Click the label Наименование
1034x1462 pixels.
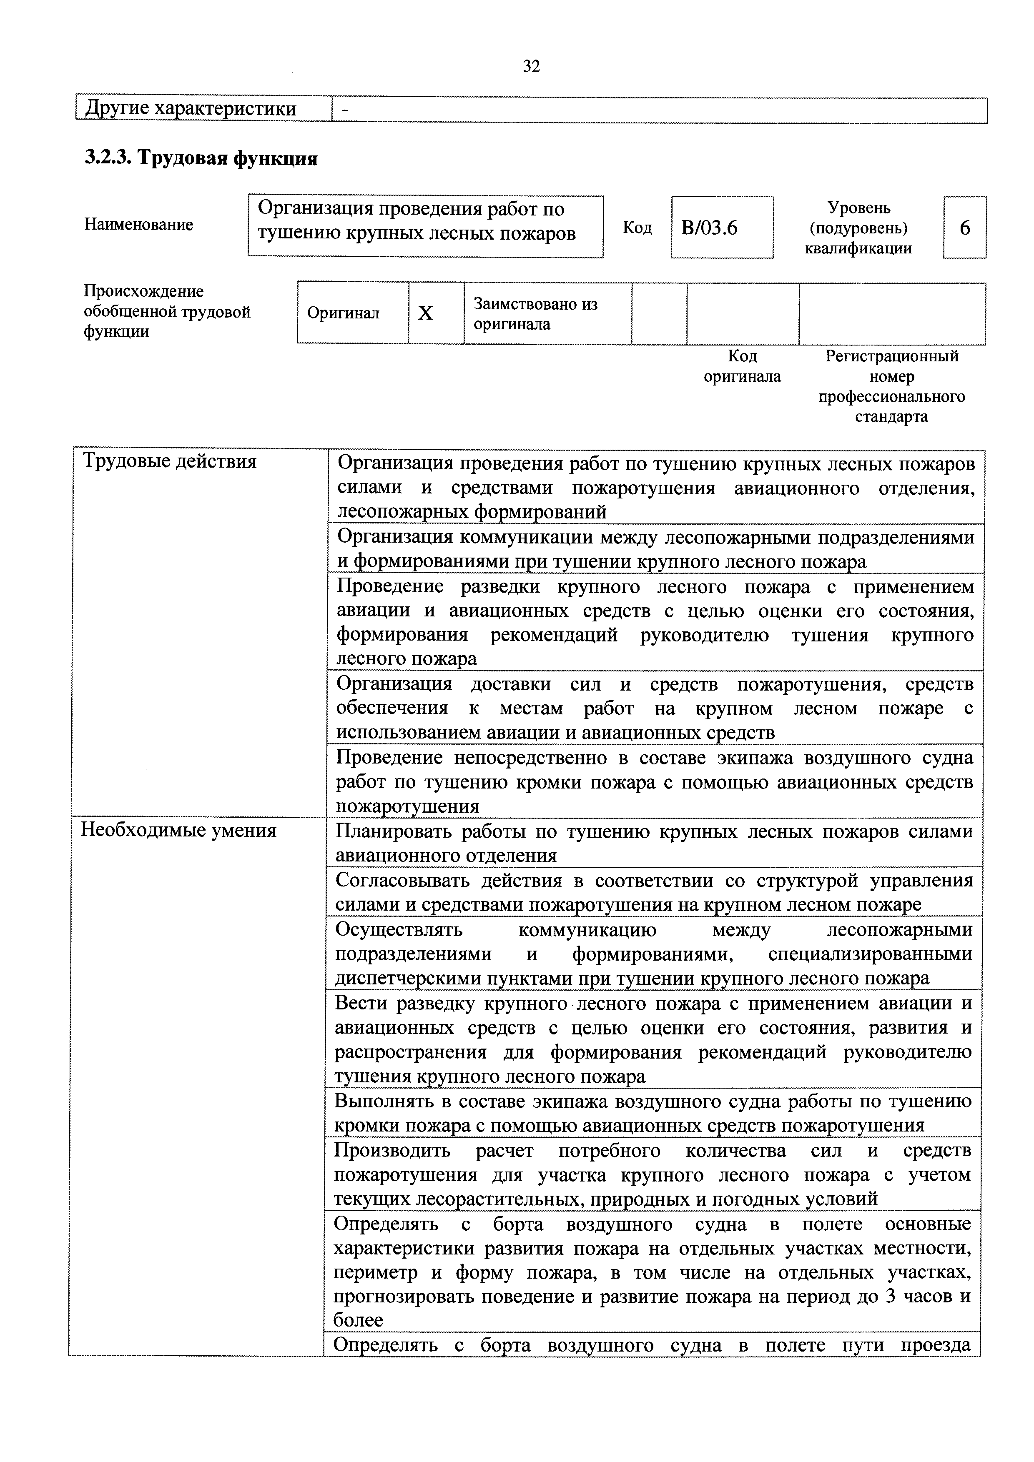tap(138, 224)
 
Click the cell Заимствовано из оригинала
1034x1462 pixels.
tap(535, 314)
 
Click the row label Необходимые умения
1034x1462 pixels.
tap(178, 830)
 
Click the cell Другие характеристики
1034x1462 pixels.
tap(191, 109)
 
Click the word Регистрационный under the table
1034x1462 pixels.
tap(891, 356)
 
